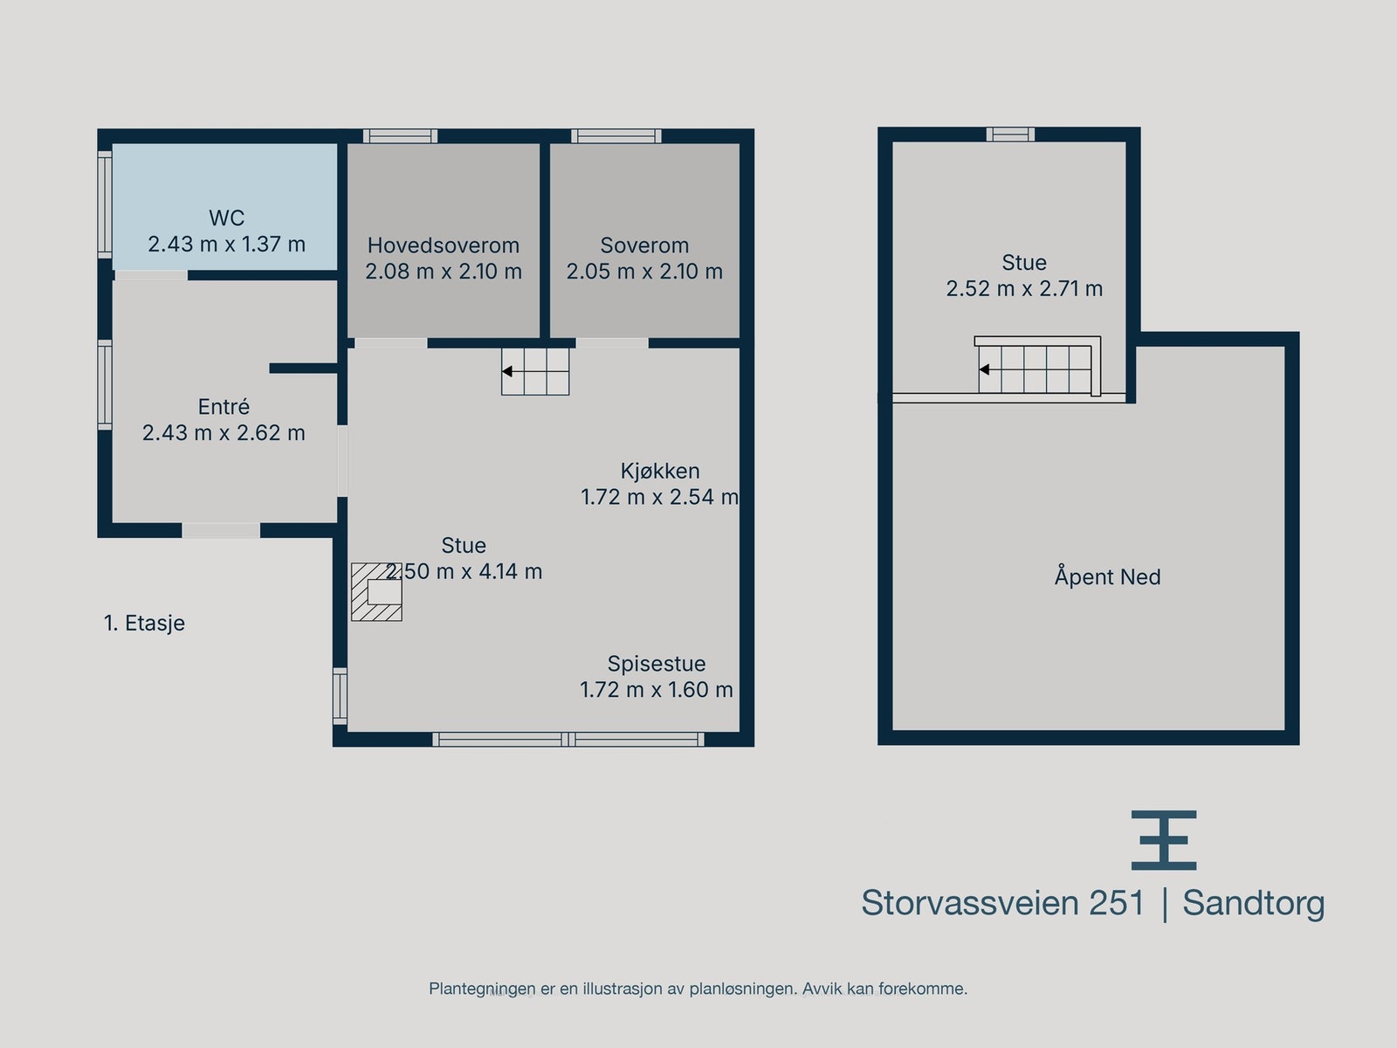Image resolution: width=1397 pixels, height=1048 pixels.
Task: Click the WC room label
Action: tap(226, 217)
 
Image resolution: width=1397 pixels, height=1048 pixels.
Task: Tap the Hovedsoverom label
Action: tap(443, 245)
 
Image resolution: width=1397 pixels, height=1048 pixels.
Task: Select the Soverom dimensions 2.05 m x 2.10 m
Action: tap(644, 272)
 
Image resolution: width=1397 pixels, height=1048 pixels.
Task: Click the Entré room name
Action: tap(224, 407)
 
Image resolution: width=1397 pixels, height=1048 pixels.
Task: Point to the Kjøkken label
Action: tap(660, 471)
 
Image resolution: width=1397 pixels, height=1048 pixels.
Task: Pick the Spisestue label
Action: tap(657, 664)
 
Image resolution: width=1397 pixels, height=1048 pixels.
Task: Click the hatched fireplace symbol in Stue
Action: tap(376, 592)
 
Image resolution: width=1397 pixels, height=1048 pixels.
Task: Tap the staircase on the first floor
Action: tap(535, 372)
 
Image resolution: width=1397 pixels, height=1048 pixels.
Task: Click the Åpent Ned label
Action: tap(1107, 577)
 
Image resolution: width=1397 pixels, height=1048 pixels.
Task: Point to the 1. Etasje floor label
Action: tap(144, 624)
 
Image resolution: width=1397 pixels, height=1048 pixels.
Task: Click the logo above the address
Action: tap(1164, 840)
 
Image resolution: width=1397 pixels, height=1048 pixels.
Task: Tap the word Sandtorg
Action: tap(1253, 903)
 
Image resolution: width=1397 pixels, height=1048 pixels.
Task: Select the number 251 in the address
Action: tap(1117, 903)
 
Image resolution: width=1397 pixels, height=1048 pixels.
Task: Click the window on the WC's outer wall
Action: tap(105, 203)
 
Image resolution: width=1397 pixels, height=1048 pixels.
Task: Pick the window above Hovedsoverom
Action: tap(400, 136)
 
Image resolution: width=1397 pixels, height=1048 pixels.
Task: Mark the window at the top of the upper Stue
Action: tap(1010, 134)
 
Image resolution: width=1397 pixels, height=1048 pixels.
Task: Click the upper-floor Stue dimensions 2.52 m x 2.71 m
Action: tap(1024, 289)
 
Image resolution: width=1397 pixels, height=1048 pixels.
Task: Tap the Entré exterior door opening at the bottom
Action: tap(221, 530)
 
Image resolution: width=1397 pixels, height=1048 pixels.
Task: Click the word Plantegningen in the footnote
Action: tap(482, 989)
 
